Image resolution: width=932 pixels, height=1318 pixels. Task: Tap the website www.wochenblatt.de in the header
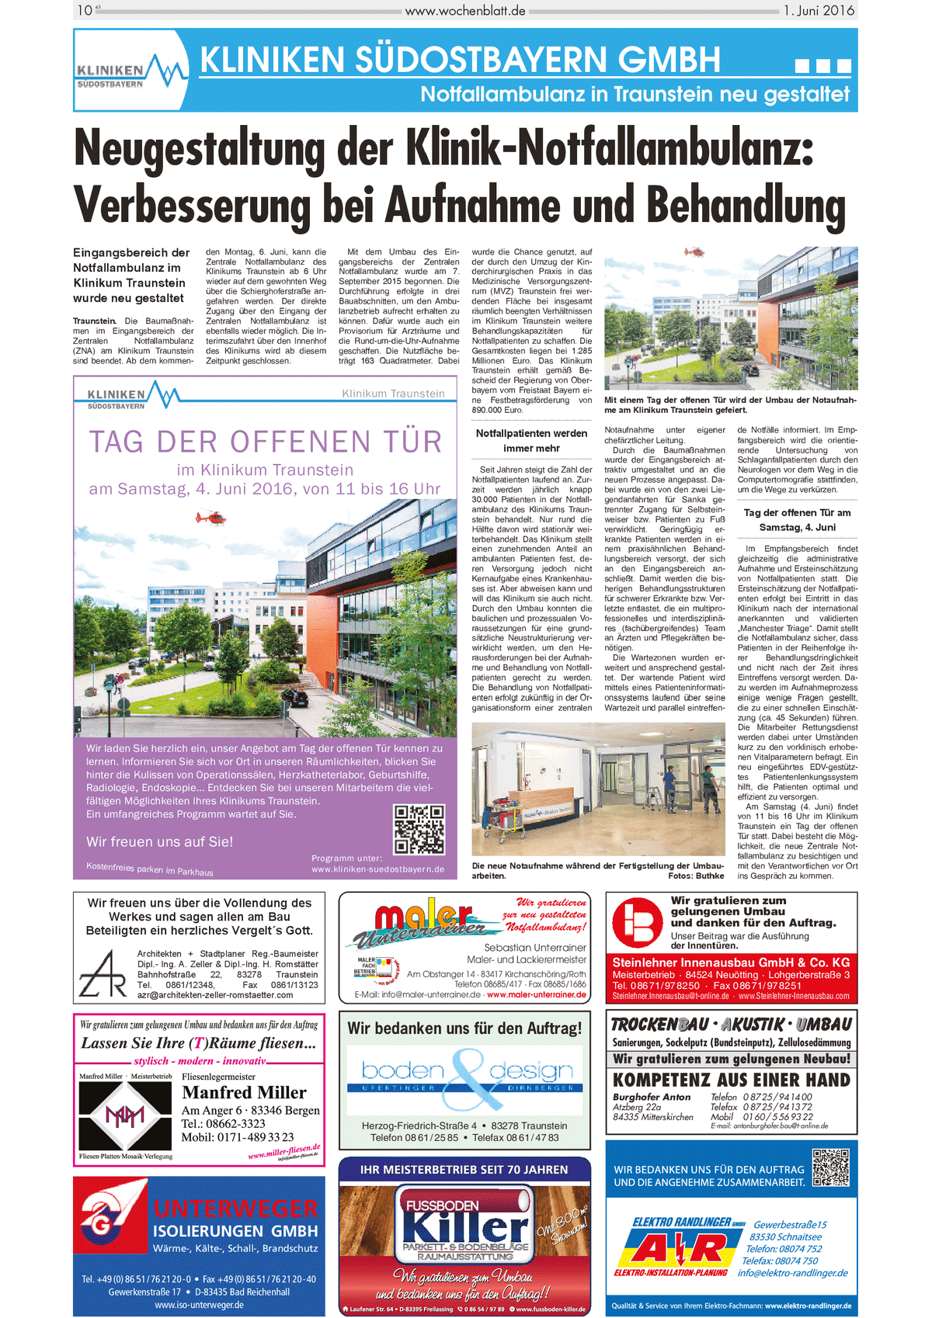point(465,11)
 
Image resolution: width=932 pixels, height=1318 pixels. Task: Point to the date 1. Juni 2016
point(819,11)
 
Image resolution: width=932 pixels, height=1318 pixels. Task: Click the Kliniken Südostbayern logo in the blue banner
point(130,71)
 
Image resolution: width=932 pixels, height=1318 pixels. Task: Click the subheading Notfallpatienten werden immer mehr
point(531,441)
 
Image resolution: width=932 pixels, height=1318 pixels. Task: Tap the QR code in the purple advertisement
point(419,829)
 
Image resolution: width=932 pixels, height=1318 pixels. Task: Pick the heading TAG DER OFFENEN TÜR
point(265,442)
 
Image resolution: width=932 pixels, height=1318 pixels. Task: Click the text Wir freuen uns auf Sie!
point(159,841)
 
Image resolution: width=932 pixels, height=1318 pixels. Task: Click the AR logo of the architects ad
point(103,973)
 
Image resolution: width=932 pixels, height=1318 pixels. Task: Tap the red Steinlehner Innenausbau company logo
point(637,923)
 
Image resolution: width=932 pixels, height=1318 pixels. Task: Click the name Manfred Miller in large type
point(244,1092)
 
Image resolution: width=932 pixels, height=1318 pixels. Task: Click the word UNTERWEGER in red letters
point(235,1209)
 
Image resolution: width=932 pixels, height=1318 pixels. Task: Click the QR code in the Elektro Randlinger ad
point(830,1167)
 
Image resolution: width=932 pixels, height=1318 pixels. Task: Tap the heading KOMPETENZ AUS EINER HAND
point(731,1080)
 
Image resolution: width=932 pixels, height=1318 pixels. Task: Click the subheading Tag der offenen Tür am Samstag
point(797,519)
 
